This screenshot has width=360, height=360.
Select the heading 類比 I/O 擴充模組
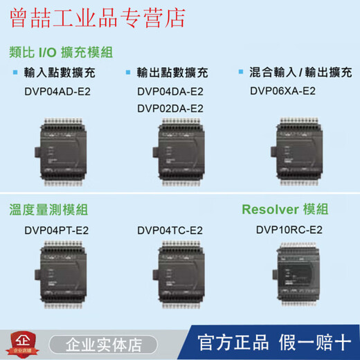(62, 52)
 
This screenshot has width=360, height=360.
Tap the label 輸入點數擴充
(62, 72)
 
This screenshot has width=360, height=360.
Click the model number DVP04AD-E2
(57, 90)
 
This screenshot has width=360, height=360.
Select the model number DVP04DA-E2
(170, 91)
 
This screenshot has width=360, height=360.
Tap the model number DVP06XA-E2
(284, 90)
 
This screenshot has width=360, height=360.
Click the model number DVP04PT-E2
(57, 230)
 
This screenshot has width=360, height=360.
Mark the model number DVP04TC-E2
(170, 230)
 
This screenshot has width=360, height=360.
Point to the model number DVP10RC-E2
(289, 230)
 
